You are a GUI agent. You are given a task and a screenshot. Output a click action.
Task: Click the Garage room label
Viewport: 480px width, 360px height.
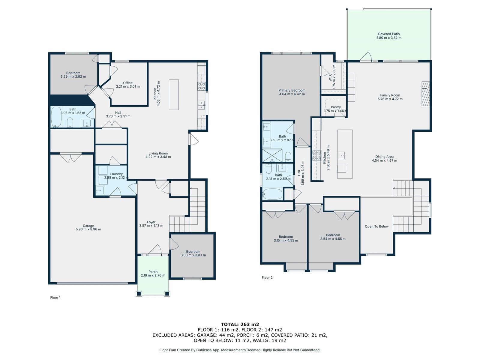(x=88, y=226)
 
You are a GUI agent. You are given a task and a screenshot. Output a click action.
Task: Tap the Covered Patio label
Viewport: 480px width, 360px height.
(x=388, y=34)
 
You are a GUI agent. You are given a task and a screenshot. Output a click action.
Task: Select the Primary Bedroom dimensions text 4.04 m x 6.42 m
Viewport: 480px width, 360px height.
(x=292, y=94)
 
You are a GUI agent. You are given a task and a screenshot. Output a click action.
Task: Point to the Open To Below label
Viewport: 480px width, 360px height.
(x=376, y=226)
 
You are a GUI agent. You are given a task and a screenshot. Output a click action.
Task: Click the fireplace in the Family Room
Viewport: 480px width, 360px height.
(x=425, y=94)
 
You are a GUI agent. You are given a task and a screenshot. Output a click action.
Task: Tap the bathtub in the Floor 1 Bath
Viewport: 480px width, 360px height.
(x=56, y=117)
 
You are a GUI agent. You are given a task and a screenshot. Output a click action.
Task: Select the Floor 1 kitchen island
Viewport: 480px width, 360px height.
(x=174, y=94)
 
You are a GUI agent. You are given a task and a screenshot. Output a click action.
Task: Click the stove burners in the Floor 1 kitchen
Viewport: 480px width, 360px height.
(x=201, y=86)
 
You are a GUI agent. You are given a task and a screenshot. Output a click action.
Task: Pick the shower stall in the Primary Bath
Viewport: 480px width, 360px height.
(x=272, y=155)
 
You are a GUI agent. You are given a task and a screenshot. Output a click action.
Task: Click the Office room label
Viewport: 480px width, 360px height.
(x=128, y=83)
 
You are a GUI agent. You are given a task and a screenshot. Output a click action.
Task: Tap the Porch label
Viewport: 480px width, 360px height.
(x=153, y=272)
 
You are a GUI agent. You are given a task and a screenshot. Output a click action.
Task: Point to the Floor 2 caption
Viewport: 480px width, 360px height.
(x=267, y=277)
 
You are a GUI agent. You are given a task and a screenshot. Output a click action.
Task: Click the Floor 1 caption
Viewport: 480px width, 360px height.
(x=55, y=298)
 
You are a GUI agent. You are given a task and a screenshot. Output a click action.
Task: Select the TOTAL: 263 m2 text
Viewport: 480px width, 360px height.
(x=240, y=324)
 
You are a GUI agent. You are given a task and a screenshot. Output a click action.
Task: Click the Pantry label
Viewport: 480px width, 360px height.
(x=336, y=107)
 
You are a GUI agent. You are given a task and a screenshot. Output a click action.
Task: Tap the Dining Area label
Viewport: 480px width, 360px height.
(x=384, y=157)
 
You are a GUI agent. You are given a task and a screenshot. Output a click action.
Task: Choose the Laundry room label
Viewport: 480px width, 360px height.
(x=116, y=174)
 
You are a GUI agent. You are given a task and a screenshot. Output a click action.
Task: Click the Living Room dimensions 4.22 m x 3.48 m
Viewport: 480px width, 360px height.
(x=158, y=157)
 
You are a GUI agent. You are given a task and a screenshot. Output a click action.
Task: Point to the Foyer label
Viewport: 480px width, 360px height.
(x=151, y=222)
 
